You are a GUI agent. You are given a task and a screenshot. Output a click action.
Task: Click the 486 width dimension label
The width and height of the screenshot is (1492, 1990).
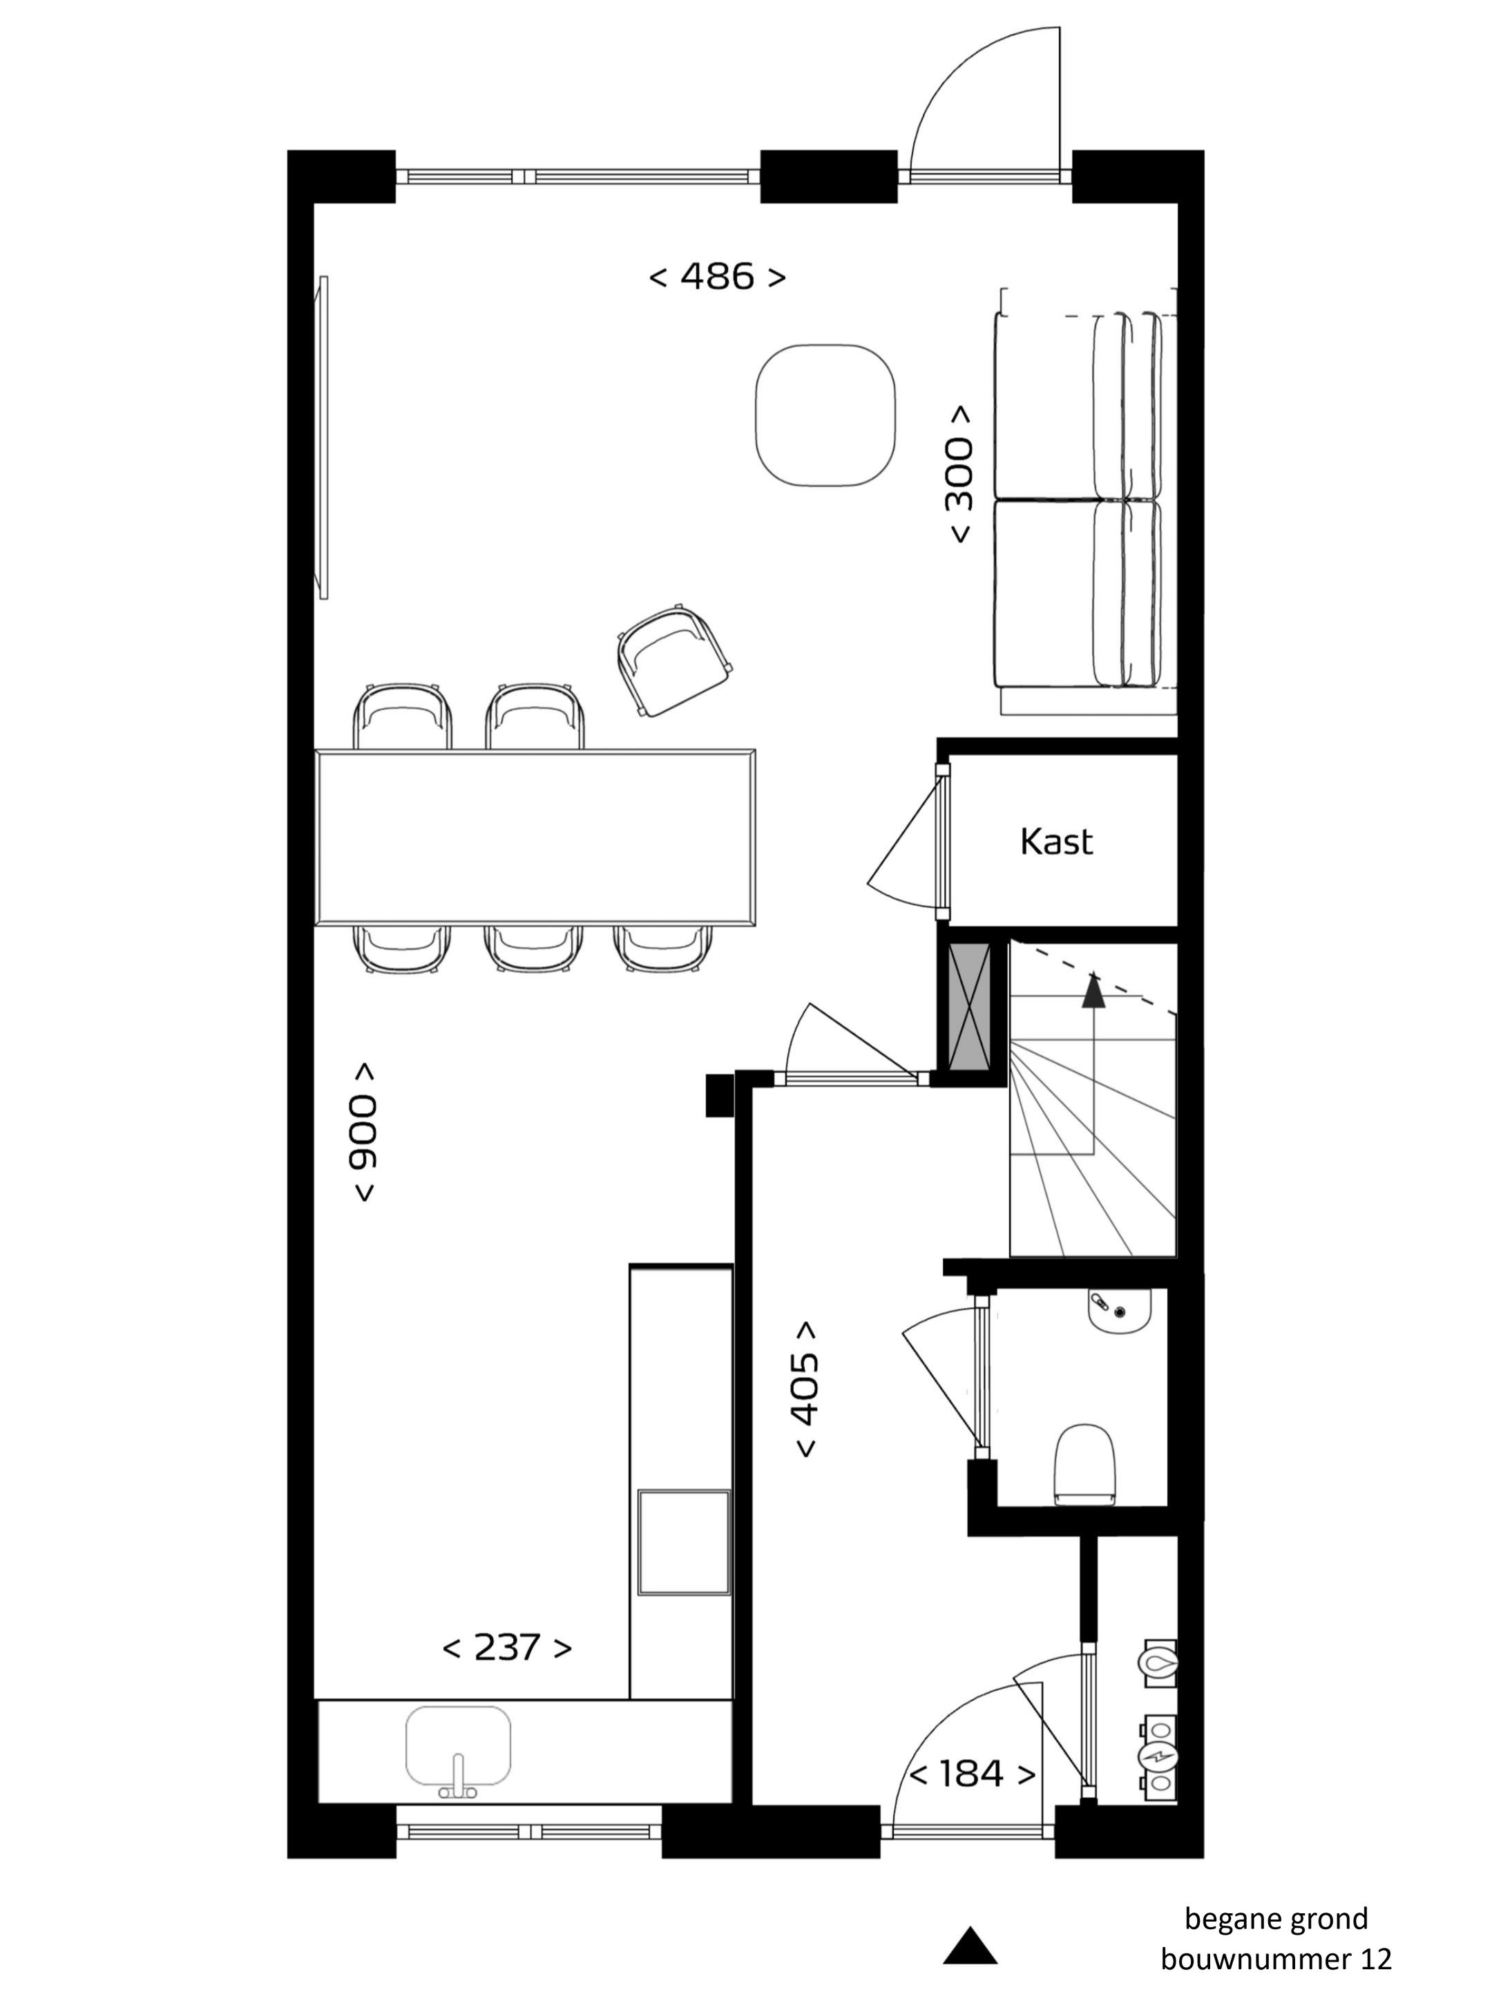(x=717, y=276)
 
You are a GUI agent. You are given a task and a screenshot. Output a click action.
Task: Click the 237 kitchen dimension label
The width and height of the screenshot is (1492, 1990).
(x=507, y=1647)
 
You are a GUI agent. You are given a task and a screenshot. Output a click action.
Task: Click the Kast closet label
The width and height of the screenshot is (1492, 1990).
(x=1056, y=841)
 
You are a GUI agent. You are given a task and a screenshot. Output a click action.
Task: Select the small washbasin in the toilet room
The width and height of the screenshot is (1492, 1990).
(x=1119, y=1311)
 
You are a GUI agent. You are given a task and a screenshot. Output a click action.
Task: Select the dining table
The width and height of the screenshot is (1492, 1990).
(x=536, y=837)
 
